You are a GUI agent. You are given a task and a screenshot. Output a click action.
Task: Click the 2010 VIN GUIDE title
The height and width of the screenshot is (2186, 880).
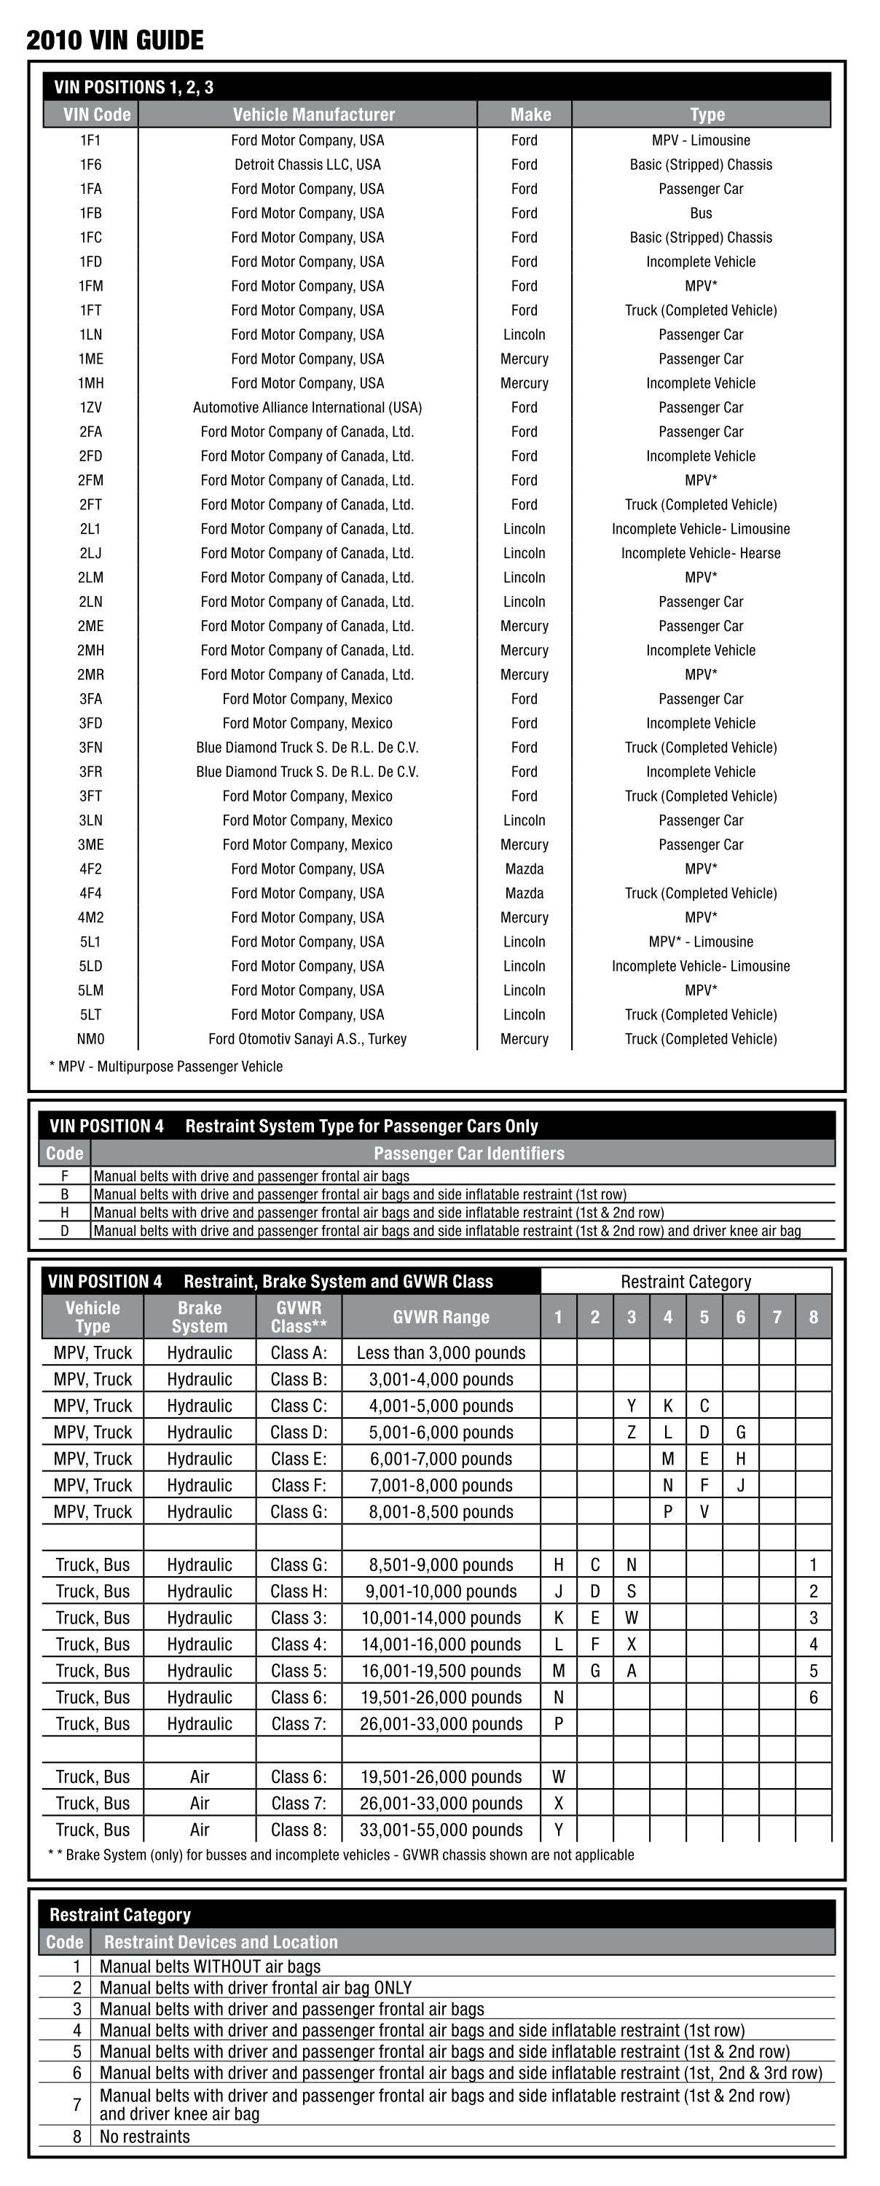[114, 40]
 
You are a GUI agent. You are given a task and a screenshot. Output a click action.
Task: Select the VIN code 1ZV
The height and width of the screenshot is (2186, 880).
[91, 407]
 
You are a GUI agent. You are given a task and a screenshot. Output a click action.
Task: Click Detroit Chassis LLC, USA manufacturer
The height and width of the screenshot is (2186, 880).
[307, 165]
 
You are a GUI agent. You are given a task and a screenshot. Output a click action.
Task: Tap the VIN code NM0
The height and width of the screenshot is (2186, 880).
[91, 1038]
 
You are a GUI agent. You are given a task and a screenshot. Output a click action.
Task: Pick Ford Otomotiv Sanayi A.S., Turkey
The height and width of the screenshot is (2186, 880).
[307, 1038]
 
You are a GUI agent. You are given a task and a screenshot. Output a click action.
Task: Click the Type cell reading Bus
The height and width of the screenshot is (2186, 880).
[700, 213]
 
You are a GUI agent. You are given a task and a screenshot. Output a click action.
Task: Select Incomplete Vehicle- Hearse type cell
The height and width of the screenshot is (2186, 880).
[700, 553]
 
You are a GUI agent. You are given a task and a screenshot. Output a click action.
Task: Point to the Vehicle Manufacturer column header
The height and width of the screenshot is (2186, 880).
[313, 114]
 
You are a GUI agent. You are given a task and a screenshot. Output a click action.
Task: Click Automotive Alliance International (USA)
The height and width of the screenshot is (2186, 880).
[307, 407]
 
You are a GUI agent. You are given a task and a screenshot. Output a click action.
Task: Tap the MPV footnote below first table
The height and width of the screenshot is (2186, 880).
[166, 1066]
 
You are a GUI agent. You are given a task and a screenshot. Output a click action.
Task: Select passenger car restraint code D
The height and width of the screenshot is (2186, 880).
[65, 1231]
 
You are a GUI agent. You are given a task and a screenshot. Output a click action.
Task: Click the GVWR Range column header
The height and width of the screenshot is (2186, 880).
[441, 1317]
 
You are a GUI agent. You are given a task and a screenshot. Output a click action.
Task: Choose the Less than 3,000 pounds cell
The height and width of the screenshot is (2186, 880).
[441, 1352]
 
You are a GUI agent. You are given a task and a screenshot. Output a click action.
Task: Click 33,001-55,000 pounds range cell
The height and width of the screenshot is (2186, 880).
[441, 1830]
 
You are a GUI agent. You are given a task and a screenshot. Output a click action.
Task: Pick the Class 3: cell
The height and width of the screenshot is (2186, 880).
[299, 1618]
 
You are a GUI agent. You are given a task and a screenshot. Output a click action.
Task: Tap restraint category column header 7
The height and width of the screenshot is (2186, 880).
[777, 1317]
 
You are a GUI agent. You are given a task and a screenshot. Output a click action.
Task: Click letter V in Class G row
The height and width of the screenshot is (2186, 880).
[704, 1511]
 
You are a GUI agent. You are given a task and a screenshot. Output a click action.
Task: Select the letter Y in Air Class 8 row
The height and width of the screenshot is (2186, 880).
[559, 1830]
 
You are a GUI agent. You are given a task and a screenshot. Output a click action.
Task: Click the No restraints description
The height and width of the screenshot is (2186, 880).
[145, 2136]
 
